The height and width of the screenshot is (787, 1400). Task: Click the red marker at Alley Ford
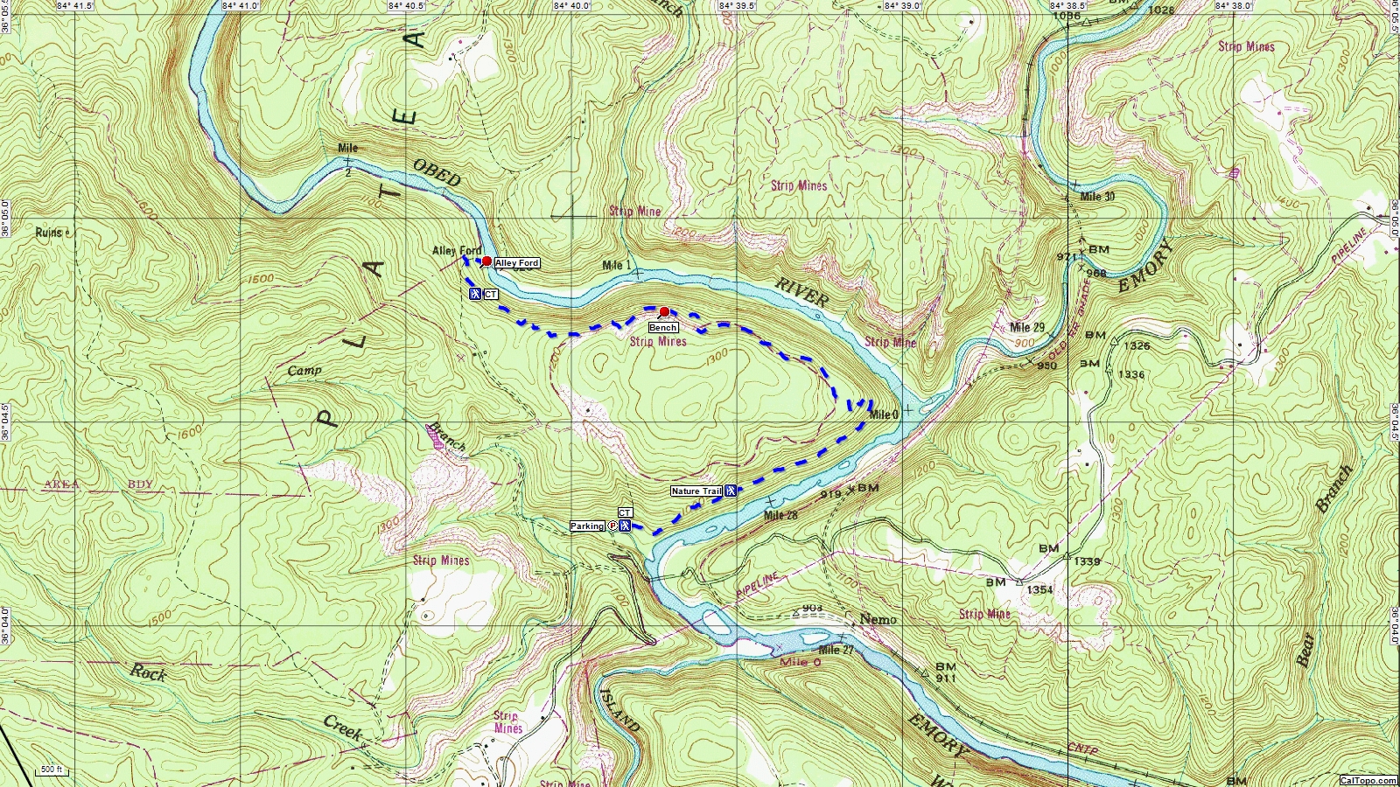(x=486, y=261)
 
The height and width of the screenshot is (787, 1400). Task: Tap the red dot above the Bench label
(x=664, y=312)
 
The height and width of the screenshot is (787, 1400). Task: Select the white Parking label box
(x=587, y=526)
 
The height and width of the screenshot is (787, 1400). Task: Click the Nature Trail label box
(x=696, y=491)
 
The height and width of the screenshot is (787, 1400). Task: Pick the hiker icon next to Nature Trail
(x=731, y=491)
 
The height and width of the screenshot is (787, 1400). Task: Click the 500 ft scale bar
(x=52, y=770)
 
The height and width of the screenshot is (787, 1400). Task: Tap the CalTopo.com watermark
(x=1368, y=780)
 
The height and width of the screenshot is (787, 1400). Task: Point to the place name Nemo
(x=878, y=619)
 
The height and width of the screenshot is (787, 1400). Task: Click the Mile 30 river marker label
(x=1097, y=197)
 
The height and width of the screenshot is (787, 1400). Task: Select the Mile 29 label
(x=1027, y=328)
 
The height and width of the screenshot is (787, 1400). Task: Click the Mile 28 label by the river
(x=780, y=515)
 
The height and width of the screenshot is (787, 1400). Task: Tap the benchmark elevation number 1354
(x=1039, y=590)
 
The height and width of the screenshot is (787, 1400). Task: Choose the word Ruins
(x=49, y=233)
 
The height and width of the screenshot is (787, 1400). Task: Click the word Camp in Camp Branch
(x=304, y=371)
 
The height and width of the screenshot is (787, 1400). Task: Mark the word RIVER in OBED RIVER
(x=801, y=291)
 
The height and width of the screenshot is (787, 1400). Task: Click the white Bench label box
(x=662, y=328)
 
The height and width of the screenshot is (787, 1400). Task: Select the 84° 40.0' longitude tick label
(x=571, y=5)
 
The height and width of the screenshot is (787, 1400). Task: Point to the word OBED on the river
(x=437, y=172)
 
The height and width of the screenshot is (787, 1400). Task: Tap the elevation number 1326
(x=1137, y=346)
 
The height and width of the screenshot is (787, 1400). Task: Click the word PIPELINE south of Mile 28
(x=757, y=585)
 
